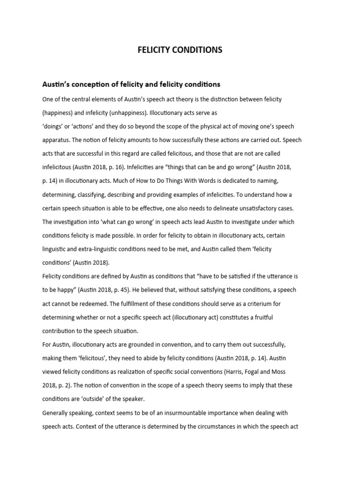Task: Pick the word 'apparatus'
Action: tap(58, 140)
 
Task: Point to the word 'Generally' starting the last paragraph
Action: tap(57, 413)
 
